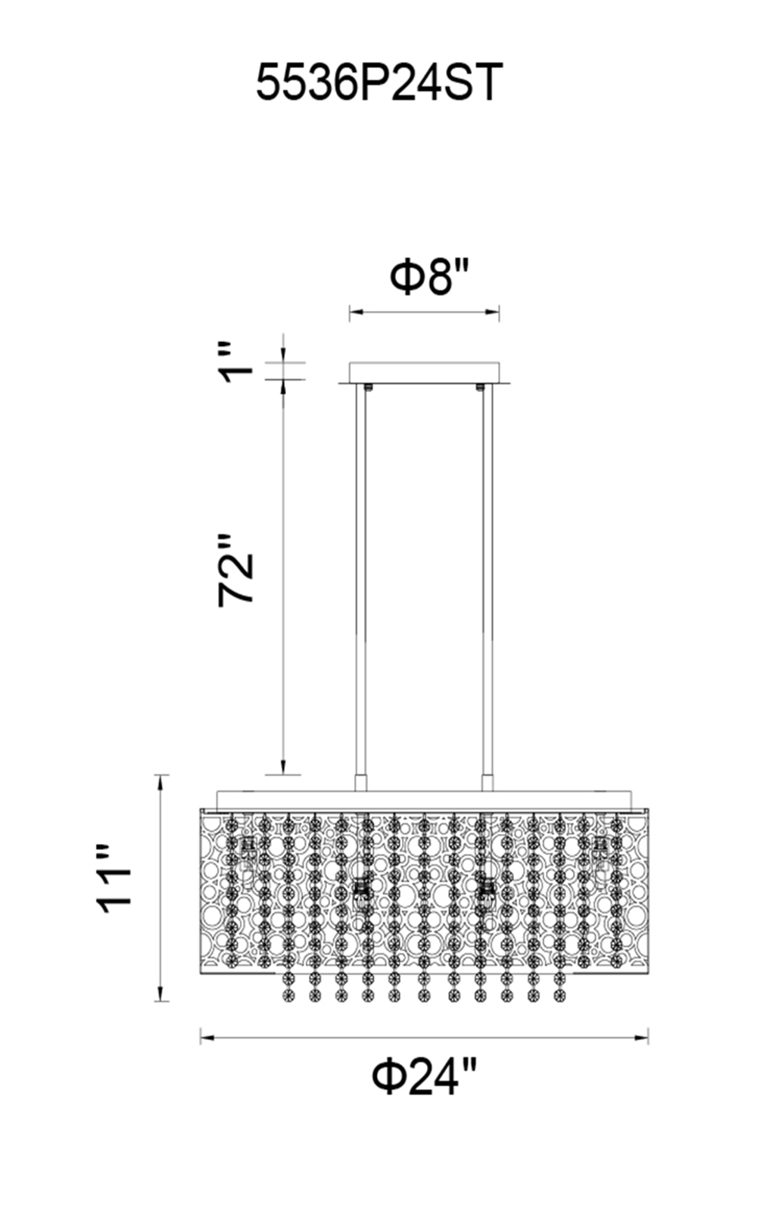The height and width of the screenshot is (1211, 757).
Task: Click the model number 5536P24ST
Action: click(379, 82)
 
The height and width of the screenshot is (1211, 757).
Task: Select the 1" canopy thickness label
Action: click(236, 363)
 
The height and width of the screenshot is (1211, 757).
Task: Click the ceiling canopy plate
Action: click(425, 373)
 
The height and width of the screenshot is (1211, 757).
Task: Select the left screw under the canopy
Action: click(369, 387)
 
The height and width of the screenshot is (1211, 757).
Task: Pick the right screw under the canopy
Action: click(478, 387)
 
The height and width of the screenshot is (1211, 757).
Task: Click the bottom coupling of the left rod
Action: click(360, 783)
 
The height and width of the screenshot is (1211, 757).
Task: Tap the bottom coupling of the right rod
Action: click(488, 783)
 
